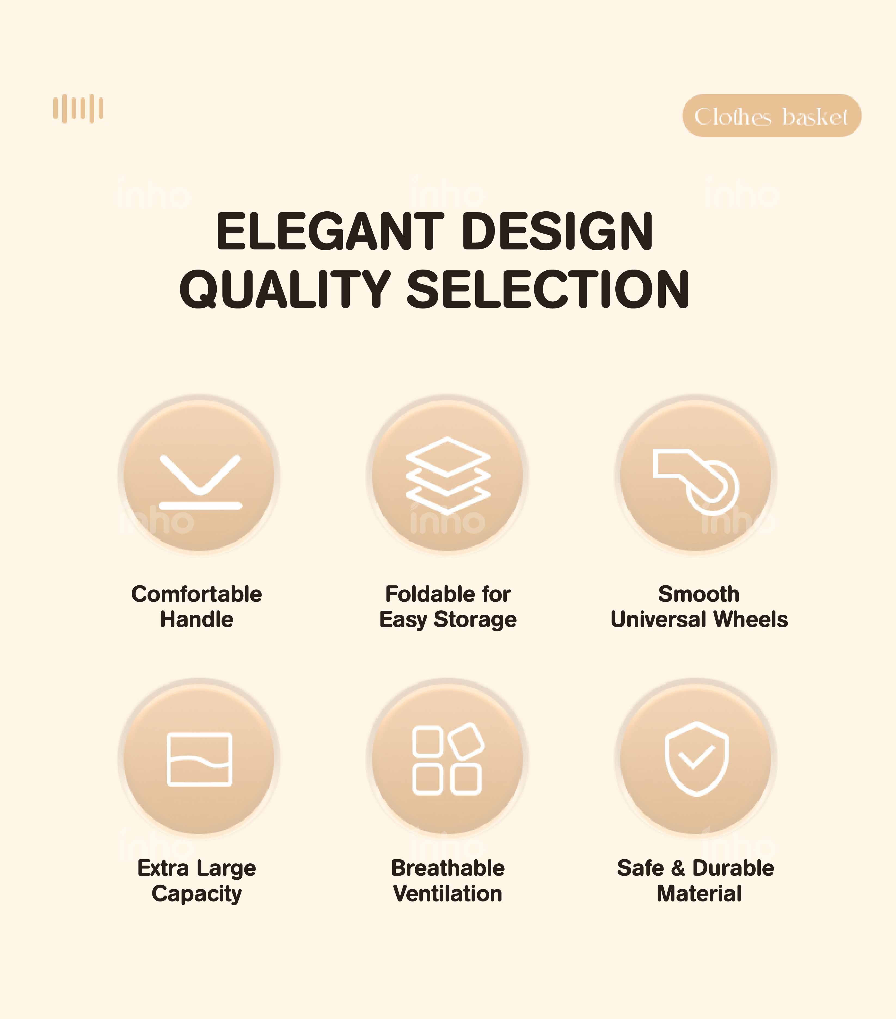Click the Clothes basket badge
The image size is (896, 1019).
pyautogui.click(x=771, y=116)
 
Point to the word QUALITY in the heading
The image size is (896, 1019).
pyautogui.click(x=285, y=289)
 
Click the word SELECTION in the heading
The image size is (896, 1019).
pyautogui.click(x=548, y=289)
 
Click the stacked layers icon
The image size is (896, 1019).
pyautogui.click(x=448, y=475)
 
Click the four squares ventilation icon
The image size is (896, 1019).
pyautogui.click(x=447, y=758)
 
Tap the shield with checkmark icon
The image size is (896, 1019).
pyautogui.click(x=696, y=758)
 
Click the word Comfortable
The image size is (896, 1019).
pyautogui.click(x=197, y=594)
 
